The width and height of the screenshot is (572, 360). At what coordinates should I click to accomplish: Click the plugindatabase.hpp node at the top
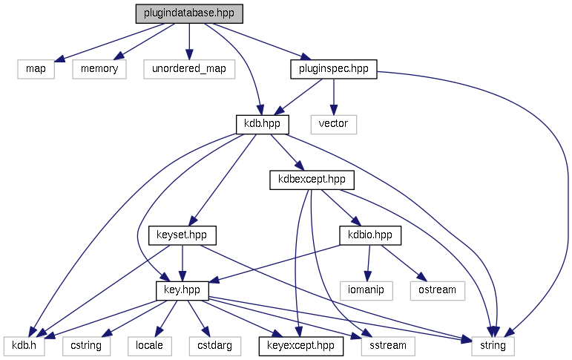(x=189, y=14)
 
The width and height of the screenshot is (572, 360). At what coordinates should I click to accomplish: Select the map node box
(x=36, y=69)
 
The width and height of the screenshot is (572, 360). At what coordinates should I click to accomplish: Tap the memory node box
(x=99, y=69)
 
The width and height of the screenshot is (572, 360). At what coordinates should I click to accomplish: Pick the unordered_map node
(x=189, y=69)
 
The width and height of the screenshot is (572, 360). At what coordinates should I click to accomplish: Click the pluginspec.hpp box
(x=333, y=69)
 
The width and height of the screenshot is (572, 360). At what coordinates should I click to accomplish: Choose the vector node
(x=333, y=124)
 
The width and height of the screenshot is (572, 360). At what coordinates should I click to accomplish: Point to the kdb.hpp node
(x=262, y=124)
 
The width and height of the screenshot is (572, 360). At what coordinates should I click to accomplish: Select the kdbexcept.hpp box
(x=312, y=180)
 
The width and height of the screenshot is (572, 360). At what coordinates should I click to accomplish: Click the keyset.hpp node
(x=182, y=235)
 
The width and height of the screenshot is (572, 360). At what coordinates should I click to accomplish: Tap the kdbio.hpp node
(x=370, y=235)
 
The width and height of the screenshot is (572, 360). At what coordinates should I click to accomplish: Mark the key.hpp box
(x=182, y=290)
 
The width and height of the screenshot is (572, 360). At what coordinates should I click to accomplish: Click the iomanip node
(x=366, y=290)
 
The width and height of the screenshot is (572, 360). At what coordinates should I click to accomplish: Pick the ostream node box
(x=437, y=290)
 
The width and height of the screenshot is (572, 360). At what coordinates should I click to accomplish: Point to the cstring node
(x=86, y=346)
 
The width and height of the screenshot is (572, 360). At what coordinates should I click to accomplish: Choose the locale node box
(x=149, y=346)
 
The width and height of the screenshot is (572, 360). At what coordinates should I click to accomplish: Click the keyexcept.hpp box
(x=297, y=346)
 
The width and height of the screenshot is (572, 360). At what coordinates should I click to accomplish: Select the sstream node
(x=387, y=346)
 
